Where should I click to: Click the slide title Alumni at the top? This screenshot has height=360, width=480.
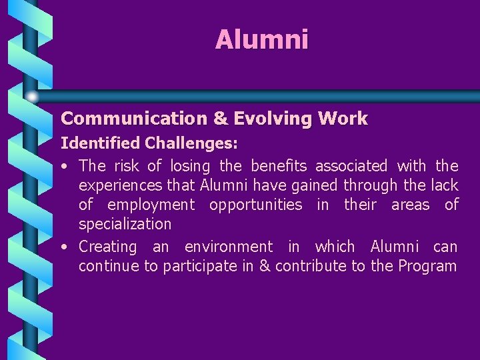pos(261,40)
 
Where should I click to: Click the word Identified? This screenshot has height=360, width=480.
pos(101,143)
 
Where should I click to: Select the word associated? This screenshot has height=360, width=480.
pos(351,165)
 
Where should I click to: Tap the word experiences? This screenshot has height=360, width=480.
pos(120,185)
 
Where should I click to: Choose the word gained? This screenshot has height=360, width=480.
pos(314,185)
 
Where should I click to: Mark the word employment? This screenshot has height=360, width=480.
pos(151,205)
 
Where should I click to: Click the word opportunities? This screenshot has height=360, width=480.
pos(255,205)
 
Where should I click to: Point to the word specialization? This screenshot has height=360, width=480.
pos(125,224)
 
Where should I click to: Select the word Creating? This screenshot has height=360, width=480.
pos(107,247)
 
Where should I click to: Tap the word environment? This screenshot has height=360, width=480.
pos(229,247)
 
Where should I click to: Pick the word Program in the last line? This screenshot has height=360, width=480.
pos(427,267)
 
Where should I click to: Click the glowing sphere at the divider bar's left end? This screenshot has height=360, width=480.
pos(32,96)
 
